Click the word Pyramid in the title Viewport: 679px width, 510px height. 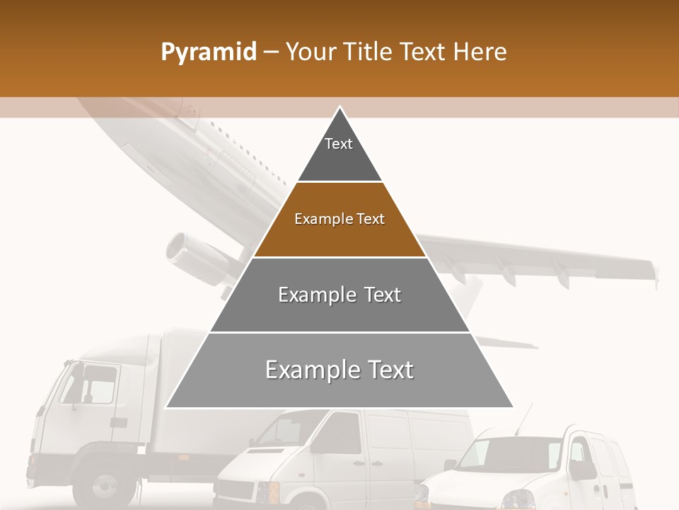pyautogui.click(x=209, y=52)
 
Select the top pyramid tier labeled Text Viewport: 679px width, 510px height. pyautogui.click(x=339, y=152)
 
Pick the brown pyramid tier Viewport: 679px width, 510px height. pyautogui.click(x=339, y=221)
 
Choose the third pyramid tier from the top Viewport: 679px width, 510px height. pyautogui.click(x=339, y=295)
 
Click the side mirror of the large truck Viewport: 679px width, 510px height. pyautogui.click(x=74, y=382)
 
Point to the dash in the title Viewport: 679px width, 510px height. pyautogui.click(x=271, y=52)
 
